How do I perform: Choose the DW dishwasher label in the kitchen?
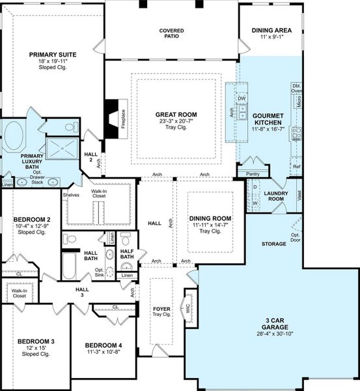point(241,99)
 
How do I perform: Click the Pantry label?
point(253,174)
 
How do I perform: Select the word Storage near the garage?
point(273,244)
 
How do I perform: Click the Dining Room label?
point(210,218)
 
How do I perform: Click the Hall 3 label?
point(82,291)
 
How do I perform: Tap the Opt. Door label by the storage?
point(296,237)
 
